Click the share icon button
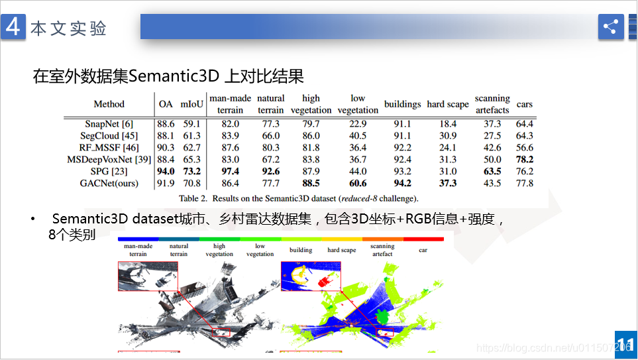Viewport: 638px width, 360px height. point(611,27)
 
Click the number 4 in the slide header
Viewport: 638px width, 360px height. point(13,27)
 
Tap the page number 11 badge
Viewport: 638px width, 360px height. point(625,345)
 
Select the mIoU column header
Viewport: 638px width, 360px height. point(192,104)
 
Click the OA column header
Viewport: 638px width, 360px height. point(166,104)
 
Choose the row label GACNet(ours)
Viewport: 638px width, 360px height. point(109,184)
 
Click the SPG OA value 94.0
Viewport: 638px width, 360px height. point(166,172)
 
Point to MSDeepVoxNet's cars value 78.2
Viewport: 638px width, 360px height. point(525,160)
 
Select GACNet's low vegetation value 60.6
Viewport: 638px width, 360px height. point(358,184)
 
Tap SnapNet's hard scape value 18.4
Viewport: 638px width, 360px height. point(448,124)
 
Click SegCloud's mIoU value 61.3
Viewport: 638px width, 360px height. point(192,136)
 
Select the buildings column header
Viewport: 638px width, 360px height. point(402,104)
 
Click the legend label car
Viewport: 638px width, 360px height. point(423,251)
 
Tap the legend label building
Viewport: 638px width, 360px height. point(301,251)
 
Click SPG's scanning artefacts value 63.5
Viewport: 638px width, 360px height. point(492,172)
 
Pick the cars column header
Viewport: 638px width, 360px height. point(525,104)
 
